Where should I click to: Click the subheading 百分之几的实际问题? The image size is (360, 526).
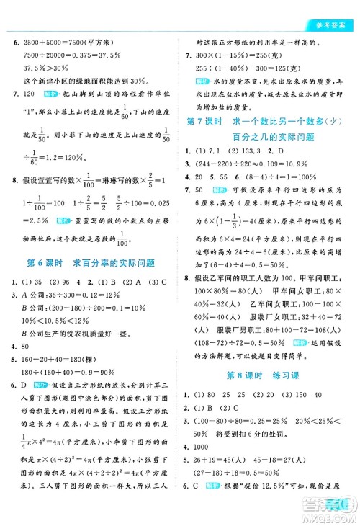[273, 136]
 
